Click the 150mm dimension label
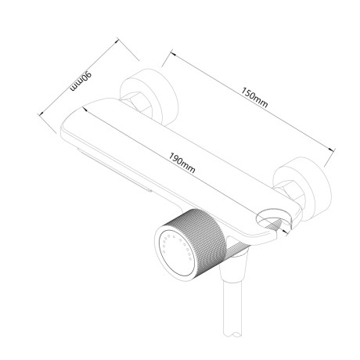(x=254, y=97)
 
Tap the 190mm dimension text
(x=182, y=163)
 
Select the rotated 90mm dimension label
(x=81, y=81)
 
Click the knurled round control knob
(x=189, y=242)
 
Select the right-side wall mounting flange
(x=303, y=188)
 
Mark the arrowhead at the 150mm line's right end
(x=332, y=149)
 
